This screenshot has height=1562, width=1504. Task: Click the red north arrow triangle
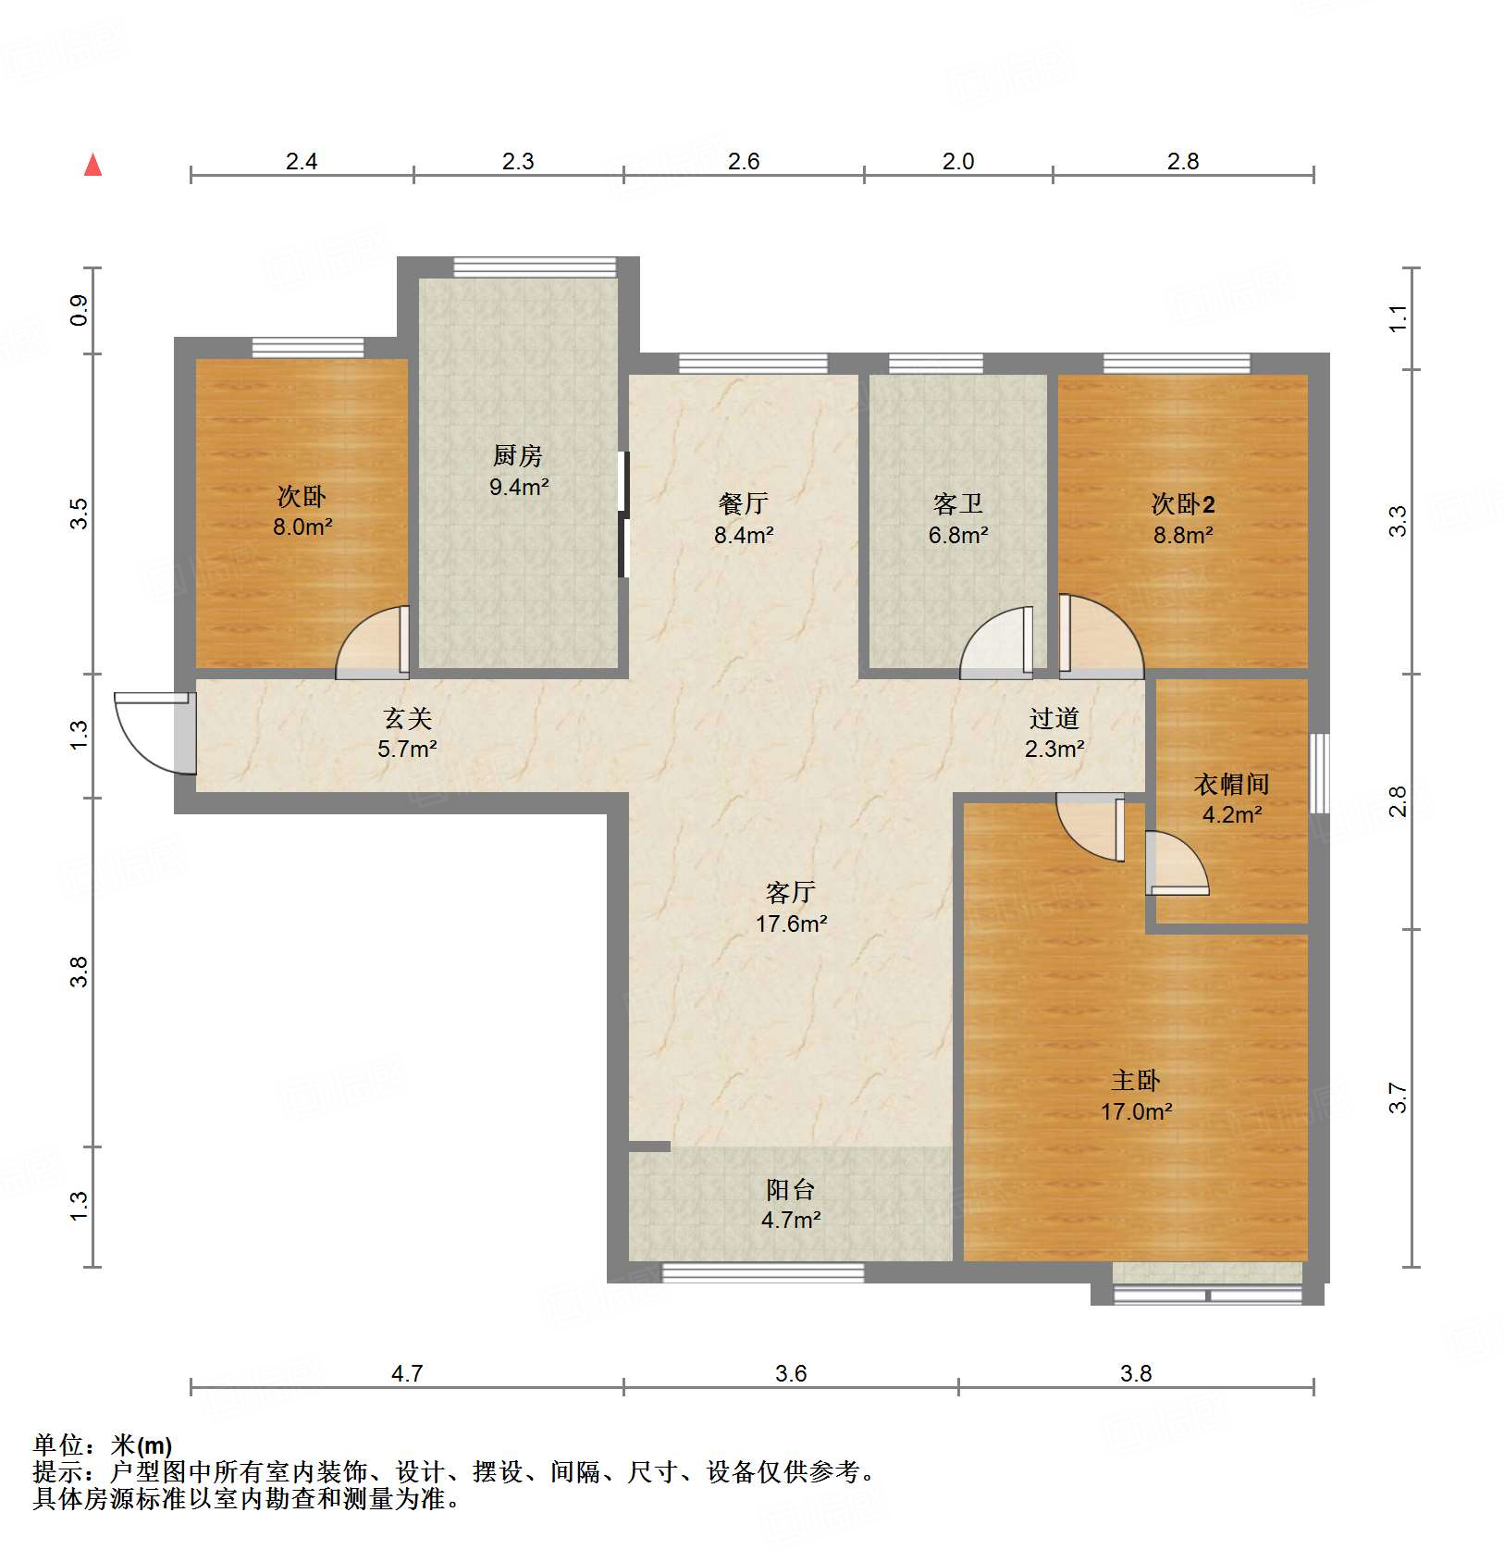coord(92,166)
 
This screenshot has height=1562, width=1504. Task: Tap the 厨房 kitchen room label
coord(517,455)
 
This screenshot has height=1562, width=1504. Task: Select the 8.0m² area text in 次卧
coord(302,527)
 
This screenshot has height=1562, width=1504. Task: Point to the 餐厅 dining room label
coord(743,503)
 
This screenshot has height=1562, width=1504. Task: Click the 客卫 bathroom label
coord(957,503)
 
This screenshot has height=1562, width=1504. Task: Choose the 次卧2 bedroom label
coord(1183,503)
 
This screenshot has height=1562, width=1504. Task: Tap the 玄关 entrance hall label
coord(407,718)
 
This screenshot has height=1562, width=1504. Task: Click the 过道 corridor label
coord(1054,718)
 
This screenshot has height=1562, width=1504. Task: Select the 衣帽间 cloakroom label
coord(1231,784)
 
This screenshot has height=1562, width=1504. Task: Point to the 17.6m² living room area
coord(791,924)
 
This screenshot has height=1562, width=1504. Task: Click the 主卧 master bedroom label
coord(1135,1080)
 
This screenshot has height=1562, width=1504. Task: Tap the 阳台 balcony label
coord(790,1189)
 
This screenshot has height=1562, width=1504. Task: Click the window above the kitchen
coord(535,267)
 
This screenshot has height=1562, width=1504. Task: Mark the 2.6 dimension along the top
coord(743,162)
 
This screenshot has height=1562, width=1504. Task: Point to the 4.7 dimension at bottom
coord(407,1373)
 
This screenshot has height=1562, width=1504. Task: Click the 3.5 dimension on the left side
coord(80,514)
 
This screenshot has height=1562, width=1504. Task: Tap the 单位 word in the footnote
coord(58,1444)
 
